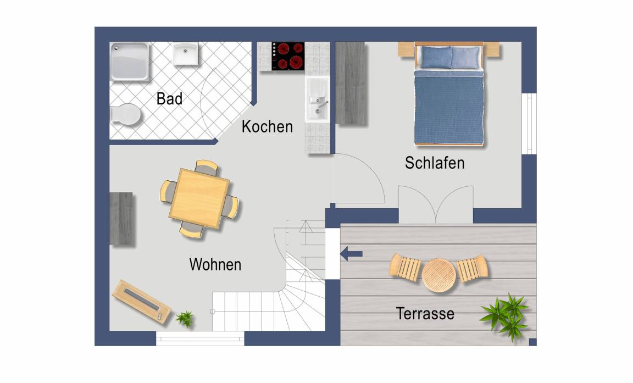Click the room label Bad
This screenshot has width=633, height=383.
coord(169,98)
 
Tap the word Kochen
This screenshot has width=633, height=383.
coord(267,127)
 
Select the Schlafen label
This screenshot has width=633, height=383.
coord(435,163)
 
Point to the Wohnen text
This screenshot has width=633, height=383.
coord(215,265)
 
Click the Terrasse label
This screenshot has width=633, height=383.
coord(425,314)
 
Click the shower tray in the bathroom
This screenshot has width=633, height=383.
coord(129,62)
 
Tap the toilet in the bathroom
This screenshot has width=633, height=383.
coord(125,114)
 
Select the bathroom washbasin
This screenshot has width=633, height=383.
coord(186,53)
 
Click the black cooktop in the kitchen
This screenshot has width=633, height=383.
coord(288,56)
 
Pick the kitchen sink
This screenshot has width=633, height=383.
coord(317,99)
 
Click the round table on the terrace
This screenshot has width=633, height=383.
coord(439,275)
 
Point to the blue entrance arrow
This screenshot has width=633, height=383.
coord(351,254)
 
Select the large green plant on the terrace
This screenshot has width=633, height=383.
coord(505,316)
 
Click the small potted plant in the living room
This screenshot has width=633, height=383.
coord(185,318)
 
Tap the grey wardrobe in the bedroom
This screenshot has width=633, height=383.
coord(351,84)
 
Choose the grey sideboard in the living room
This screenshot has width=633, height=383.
coord(121,219)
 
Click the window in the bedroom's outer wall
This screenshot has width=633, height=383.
coord(529,124)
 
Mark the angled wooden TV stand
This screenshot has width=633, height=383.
coord(142,302)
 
